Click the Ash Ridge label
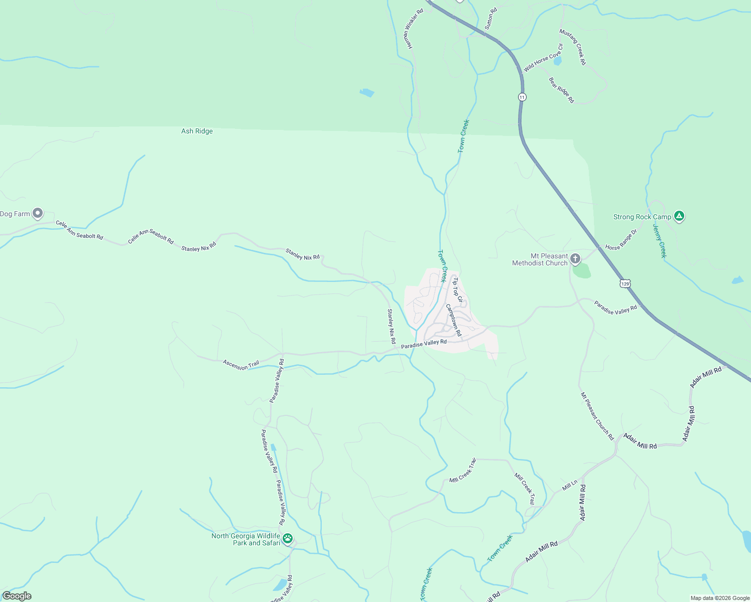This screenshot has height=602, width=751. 197,131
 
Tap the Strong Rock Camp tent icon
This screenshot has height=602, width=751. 679,216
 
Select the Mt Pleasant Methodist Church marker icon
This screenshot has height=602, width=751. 575,259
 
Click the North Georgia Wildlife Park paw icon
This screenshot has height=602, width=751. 288,539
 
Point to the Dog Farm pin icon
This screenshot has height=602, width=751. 38,213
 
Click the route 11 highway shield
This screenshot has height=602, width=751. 523,97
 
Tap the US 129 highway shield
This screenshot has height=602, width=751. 624,283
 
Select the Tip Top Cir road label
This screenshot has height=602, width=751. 457,290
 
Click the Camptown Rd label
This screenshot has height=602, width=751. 453,320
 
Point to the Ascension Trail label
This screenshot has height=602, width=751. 241,365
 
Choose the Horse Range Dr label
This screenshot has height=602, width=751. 621,240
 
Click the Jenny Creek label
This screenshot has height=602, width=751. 660,240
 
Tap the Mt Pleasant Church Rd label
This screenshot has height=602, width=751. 597,416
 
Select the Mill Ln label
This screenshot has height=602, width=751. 570,485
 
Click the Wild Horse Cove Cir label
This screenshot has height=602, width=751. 543,58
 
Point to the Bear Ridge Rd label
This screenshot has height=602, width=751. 561,90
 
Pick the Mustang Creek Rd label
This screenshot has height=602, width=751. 573,47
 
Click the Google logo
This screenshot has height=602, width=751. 17,596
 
